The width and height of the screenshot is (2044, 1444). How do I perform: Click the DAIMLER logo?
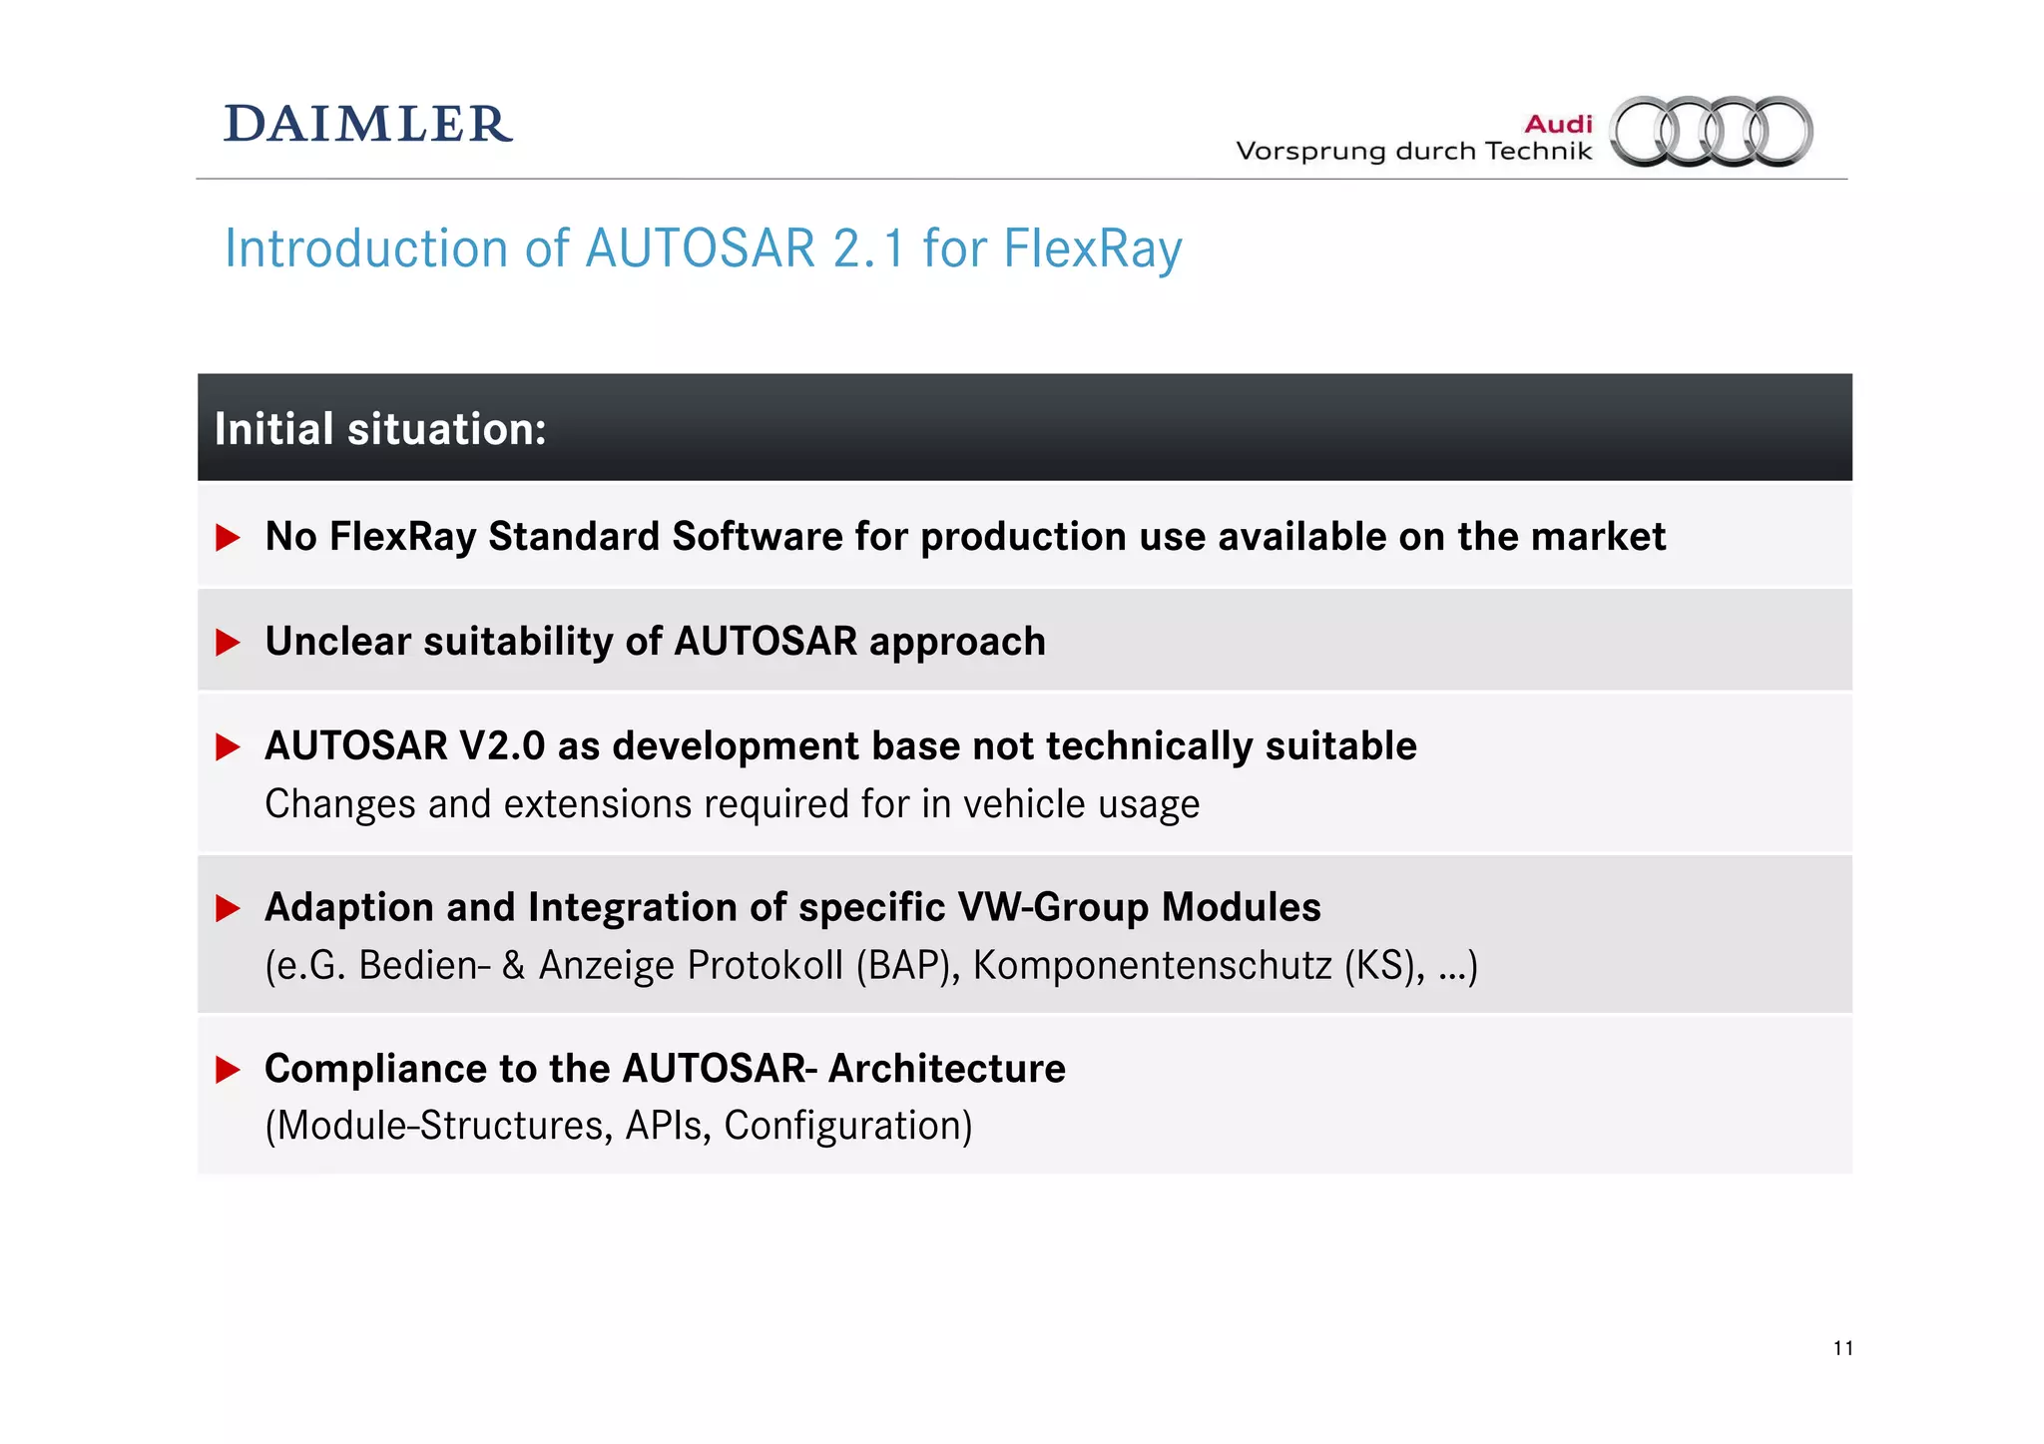(367, 125)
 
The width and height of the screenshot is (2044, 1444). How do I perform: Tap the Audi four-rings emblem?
(1712, 131)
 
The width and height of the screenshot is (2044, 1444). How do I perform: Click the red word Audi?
(1558, 124)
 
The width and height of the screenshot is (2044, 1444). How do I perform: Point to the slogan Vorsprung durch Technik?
(1413, 152)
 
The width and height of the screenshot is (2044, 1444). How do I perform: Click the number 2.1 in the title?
(868, 248)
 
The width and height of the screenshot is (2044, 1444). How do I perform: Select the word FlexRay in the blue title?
(1092, 248)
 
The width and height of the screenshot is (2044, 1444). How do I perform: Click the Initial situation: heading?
(380, 429)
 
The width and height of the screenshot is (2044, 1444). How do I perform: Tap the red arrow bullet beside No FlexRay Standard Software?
(229, 538)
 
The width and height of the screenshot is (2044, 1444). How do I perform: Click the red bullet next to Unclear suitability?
(229, 642)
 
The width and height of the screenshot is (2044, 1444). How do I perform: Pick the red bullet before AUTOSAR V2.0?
(229, 746)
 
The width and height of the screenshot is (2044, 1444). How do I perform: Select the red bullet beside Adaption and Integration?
(229, 908)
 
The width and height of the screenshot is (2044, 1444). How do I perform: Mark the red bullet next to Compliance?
(229, 1070)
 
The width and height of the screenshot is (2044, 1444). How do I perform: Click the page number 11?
(1842, 1348)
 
